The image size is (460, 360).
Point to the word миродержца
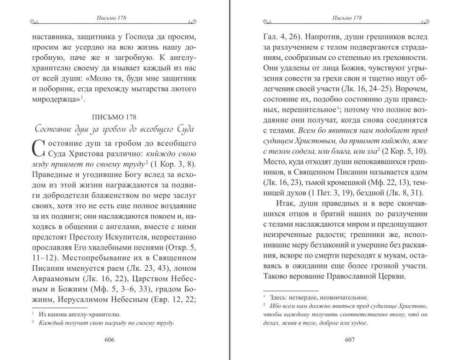(x=59, y=99)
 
